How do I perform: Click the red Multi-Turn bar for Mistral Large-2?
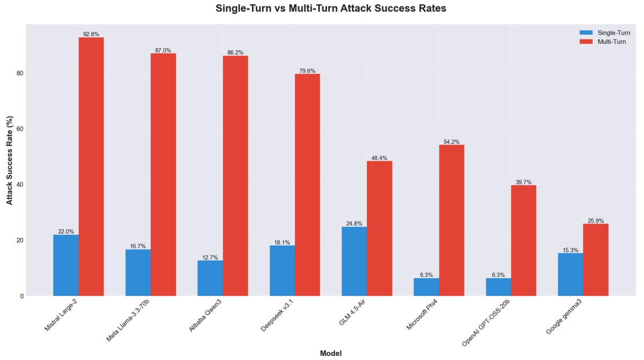pyautogui.click(x=91, y=166)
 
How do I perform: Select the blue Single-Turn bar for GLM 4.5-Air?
pyautogui.click(x=354, y=261)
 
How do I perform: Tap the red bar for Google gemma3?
pyautogui.click(x=596, y=260)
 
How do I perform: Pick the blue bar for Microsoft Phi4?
pyautogui.click(x=426, y=287)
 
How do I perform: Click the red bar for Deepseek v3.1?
pyautogui.click(x=308, y=185)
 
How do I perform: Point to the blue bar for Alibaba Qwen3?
pyautogui.click(x=210, y=278)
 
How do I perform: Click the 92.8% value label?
pyautogui.click(x=91, y=34)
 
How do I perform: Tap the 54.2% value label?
pyautogui.click(x=452, y=142)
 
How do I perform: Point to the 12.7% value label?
pyautogui.click(x=210, y=257)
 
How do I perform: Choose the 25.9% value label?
pyautogui.click(x=596, y=221)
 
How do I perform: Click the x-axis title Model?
pyautogui.click(x=331, y=353)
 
